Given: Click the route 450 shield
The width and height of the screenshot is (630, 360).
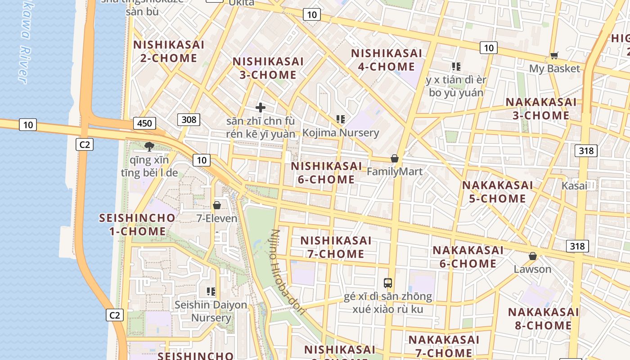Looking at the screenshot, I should point(144,123).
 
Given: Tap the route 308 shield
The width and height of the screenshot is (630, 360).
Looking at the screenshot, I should point(189,119).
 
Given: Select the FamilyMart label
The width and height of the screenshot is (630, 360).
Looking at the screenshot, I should point(395,171).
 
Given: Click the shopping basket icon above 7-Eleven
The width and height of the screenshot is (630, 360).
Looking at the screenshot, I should point(217,205).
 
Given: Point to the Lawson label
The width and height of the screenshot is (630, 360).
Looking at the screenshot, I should point(532,269).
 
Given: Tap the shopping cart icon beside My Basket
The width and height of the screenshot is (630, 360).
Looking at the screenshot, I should point(554,56).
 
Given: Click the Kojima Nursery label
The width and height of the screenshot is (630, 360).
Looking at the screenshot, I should point(341,133).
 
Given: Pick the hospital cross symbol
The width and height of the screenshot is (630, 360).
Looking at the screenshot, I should point(260,108).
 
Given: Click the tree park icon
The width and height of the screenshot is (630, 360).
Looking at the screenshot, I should point(149,146).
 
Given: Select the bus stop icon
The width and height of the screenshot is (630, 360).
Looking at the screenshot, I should point(388,283).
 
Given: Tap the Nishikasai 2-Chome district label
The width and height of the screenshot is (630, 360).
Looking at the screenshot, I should point(169,51).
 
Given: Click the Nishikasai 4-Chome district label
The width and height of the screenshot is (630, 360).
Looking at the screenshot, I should point(387,60).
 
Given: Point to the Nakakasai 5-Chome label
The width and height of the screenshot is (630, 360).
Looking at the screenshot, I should point(497,192).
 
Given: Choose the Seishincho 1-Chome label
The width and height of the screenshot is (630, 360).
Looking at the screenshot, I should point(137,225).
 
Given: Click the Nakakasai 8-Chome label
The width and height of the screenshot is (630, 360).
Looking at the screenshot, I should point(543,319).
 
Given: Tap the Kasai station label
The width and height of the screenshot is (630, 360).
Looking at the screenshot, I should point(574,186).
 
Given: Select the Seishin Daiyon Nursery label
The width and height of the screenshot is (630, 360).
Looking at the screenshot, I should point(211,311).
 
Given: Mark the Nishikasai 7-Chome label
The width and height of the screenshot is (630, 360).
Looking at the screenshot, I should point(336,247).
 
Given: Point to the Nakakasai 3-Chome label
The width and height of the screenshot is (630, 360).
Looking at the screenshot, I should point(541,108).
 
